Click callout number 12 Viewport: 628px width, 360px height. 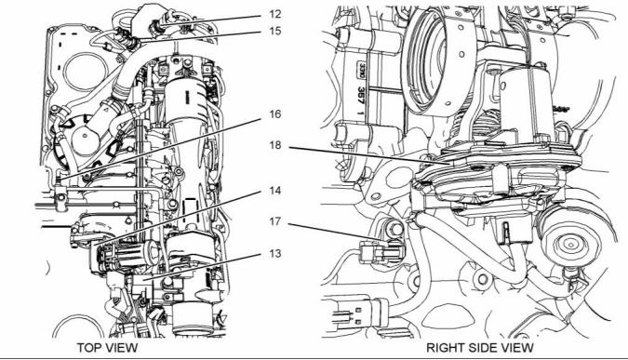coord(275,14)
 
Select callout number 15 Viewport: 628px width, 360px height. coord(275,31)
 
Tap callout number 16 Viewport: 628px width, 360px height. coord(275,114)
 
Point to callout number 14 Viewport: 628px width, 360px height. coord(275,191)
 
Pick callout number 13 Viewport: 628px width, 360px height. coord(275,253)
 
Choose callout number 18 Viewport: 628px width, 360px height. coord(275,145)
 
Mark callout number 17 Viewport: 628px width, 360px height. coord(275,221)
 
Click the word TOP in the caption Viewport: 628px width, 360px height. coord(89,348)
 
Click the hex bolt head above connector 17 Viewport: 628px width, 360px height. coord(395,229)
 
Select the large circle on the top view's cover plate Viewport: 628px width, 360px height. coord(79,73)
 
